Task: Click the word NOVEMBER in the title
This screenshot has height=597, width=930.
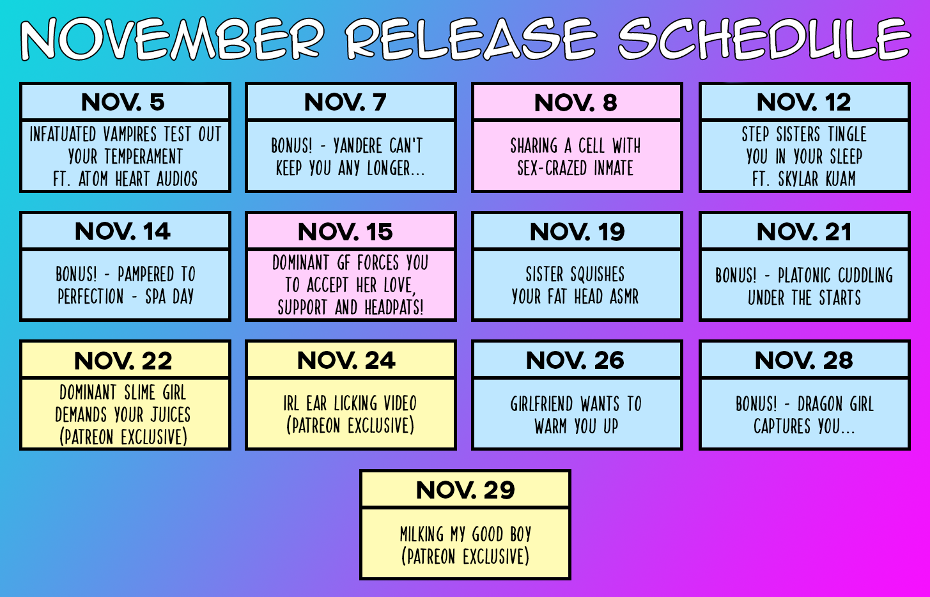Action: pos(173,38)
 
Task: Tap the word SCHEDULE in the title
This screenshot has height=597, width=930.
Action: pos(764,38)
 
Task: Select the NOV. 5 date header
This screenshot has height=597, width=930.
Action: pos(123,102)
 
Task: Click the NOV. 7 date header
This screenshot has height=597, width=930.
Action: pos(345,102)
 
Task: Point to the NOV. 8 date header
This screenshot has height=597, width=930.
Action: pos(575,102)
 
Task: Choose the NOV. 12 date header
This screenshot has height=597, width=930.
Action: pos(804,102)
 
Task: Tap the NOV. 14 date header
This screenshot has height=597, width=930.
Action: pos(123,231)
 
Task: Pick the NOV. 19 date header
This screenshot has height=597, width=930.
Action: pos(577,231)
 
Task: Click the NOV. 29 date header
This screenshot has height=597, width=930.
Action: pos(465,490)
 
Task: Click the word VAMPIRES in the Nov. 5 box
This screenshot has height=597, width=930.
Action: pos(130,134)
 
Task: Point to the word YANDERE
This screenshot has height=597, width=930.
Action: pos(357,146)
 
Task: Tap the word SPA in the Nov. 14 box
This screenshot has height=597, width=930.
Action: pos(155,297)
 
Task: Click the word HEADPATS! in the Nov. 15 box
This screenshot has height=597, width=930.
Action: pos(394,307)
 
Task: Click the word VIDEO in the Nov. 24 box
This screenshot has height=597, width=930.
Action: pos(400,403)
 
